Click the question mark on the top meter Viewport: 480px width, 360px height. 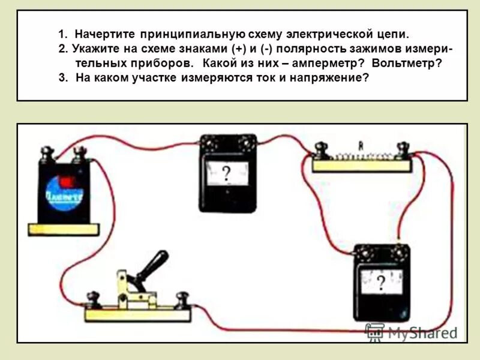[x=226, y=174]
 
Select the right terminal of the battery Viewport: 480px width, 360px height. [x=77, y=157]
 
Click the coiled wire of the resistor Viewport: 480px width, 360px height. [x=361, y=157]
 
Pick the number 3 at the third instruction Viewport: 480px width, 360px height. [x=61, y=77]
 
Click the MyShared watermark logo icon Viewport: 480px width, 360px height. [x=374, y=332]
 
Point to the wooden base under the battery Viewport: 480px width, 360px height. [x=63, y=227]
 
